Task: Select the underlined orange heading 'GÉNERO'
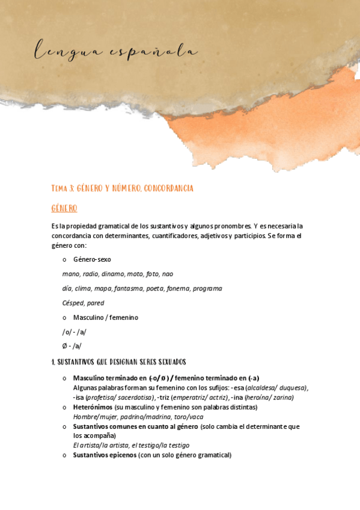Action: (64, 209)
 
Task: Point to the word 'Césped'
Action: (73, 303)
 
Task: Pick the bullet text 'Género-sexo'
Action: (92, 260)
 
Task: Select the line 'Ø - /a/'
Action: (72, 346)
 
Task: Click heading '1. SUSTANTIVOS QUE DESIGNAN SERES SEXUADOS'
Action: (119, 362)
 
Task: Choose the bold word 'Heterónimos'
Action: (93, 407)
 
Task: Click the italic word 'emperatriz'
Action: (192, 398)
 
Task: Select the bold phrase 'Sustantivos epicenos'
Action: (105, 455)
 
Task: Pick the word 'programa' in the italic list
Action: (208, 289)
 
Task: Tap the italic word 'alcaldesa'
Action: (263, 388)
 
